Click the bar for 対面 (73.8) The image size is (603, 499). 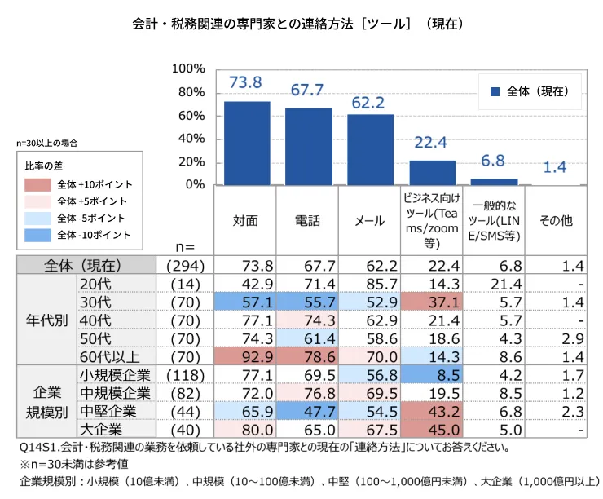(x=247, y=144)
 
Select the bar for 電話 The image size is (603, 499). (x=308, y=147)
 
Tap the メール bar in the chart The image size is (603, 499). (x=370, y=150)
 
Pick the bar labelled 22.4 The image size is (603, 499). (x=432, y=173)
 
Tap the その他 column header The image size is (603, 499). (x=556, y=220)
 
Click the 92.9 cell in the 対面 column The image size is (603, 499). (x=247, y=355)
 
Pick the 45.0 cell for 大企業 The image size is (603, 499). (x=432, y=429)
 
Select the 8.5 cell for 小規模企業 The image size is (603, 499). (x=432, y=374)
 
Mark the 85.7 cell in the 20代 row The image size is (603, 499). (x=370, y=283)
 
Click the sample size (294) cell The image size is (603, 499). (x=185, y=265)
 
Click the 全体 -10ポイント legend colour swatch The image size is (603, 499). (x=37, y=236)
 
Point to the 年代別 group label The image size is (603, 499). (x=47, y=320)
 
